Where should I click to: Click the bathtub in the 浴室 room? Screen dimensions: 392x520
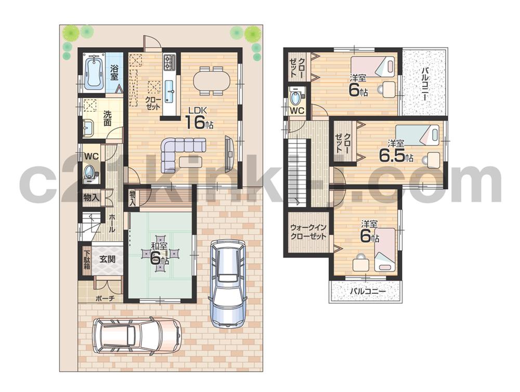94,72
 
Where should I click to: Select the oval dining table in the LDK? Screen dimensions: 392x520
211,81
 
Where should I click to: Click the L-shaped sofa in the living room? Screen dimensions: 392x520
180,151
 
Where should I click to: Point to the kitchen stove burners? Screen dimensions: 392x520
170,63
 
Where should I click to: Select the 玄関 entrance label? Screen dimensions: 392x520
108,258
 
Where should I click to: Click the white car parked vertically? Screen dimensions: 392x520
227,281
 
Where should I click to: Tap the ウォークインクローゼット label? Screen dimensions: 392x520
308,232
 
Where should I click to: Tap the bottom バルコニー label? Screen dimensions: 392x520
367,292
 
